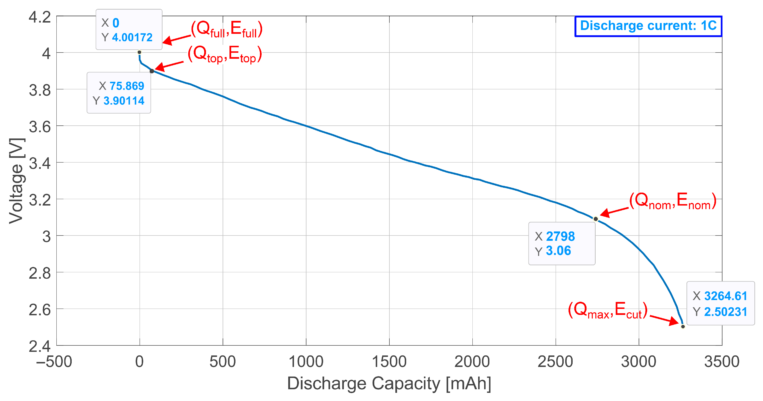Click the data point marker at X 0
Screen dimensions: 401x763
click(139, 52)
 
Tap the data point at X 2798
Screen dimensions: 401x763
click(595, 219)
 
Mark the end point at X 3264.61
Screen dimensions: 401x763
click(683, 326)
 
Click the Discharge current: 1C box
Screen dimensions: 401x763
click(648, 26)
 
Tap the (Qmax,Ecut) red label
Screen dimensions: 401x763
click(607, 310)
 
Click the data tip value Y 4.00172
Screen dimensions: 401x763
click(132, 38)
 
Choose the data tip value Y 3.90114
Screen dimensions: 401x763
click(123, 101)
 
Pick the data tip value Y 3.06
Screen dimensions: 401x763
click(558, 251)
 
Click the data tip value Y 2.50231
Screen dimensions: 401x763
click(725, 312)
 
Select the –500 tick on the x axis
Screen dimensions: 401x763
click(54, 362)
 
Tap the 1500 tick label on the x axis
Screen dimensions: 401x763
click(389, 362)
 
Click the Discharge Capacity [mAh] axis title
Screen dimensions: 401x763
click(389, 383)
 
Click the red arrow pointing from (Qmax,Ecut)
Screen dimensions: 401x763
click(664, 320)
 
